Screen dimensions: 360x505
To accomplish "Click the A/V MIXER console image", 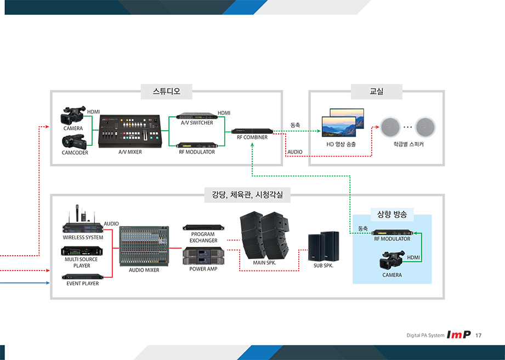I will click(x=130, y=131).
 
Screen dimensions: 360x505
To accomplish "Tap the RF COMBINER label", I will click(x=252, y=137).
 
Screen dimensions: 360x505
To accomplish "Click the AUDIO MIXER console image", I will click(x=144, y=246).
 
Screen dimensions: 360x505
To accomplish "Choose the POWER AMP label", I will click(x=204, y=269).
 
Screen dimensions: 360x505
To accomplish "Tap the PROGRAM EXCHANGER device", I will click(x=203, y=227).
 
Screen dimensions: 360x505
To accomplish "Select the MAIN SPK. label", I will click(x=265, y=263).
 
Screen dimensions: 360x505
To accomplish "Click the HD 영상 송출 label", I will click(x=341, y=144).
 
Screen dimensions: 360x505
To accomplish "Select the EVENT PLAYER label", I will click(x=83, y=284).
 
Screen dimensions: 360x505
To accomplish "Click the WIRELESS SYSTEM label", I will click(x=83, y=238).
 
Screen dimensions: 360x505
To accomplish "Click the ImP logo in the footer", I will click(x=459, y=335).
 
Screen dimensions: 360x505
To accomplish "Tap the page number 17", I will click(x=479, y=335).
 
